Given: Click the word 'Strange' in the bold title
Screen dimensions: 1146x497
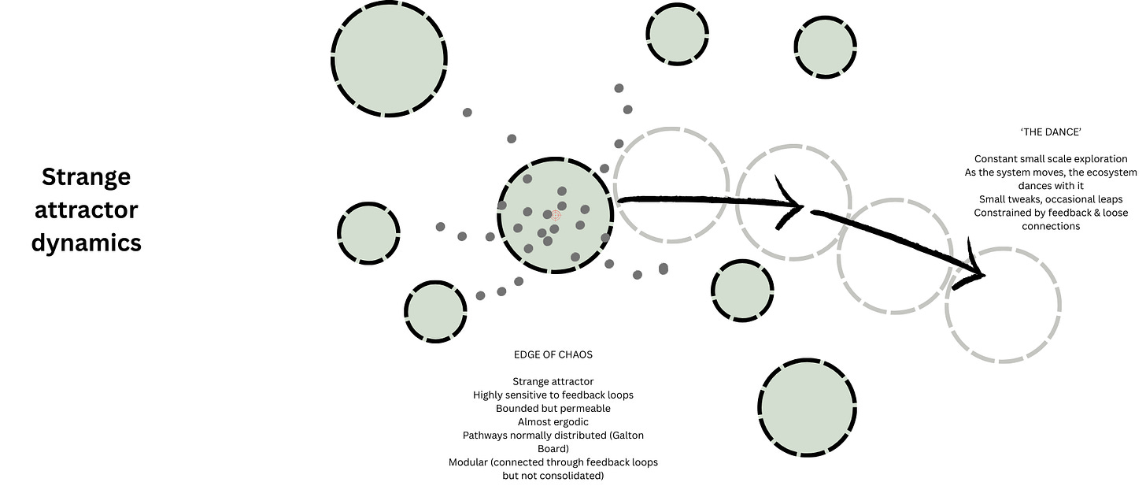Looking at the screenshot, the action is (x=86, y=176).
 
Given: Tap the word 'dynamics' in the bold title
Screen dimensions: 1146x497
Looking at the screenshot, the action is (x=86, y=242).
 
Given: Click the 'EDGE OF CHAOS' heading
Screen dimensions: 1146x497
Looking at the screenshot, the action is (x=553, y=354).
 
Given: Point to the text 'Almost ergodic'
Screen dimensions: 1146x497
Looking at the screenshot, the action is (x=553, y=421).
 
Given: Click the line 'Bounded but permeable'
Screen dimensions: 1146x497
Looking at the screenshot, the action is (x=553, y=408).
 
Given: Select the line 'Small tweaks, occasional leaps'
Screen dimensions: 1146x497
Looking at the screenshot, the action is (x=1050, y=199).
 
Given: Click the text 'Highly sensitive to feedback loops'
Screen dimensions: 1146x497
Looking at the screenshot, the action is (x=553, y=395).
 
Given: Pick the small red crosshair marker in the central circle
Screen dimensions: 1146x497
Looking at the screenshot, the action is (x=556, y=215).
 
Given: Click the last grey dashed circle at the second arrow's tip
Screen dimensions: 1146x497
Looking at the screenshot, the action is (x=1001, y=305).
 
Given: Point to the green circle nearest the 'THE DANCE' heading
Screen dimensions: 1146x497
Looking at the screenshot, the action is (x=825, y=47).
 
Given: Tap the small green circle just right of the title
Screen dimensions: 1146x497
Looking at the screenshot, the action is (x=368, y=234).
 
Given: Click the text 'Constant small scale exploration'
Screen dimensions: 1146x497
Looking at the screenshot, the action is (x=1050, y=159).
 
